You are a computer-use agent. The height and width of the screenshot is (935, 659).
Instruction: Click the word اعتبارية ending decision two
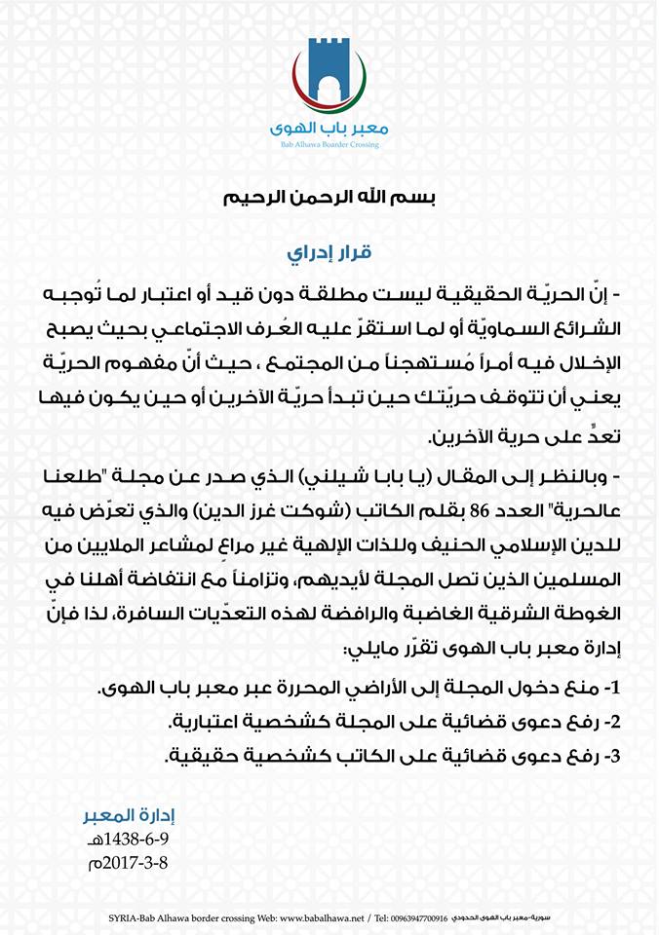(x=209, y=722)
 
